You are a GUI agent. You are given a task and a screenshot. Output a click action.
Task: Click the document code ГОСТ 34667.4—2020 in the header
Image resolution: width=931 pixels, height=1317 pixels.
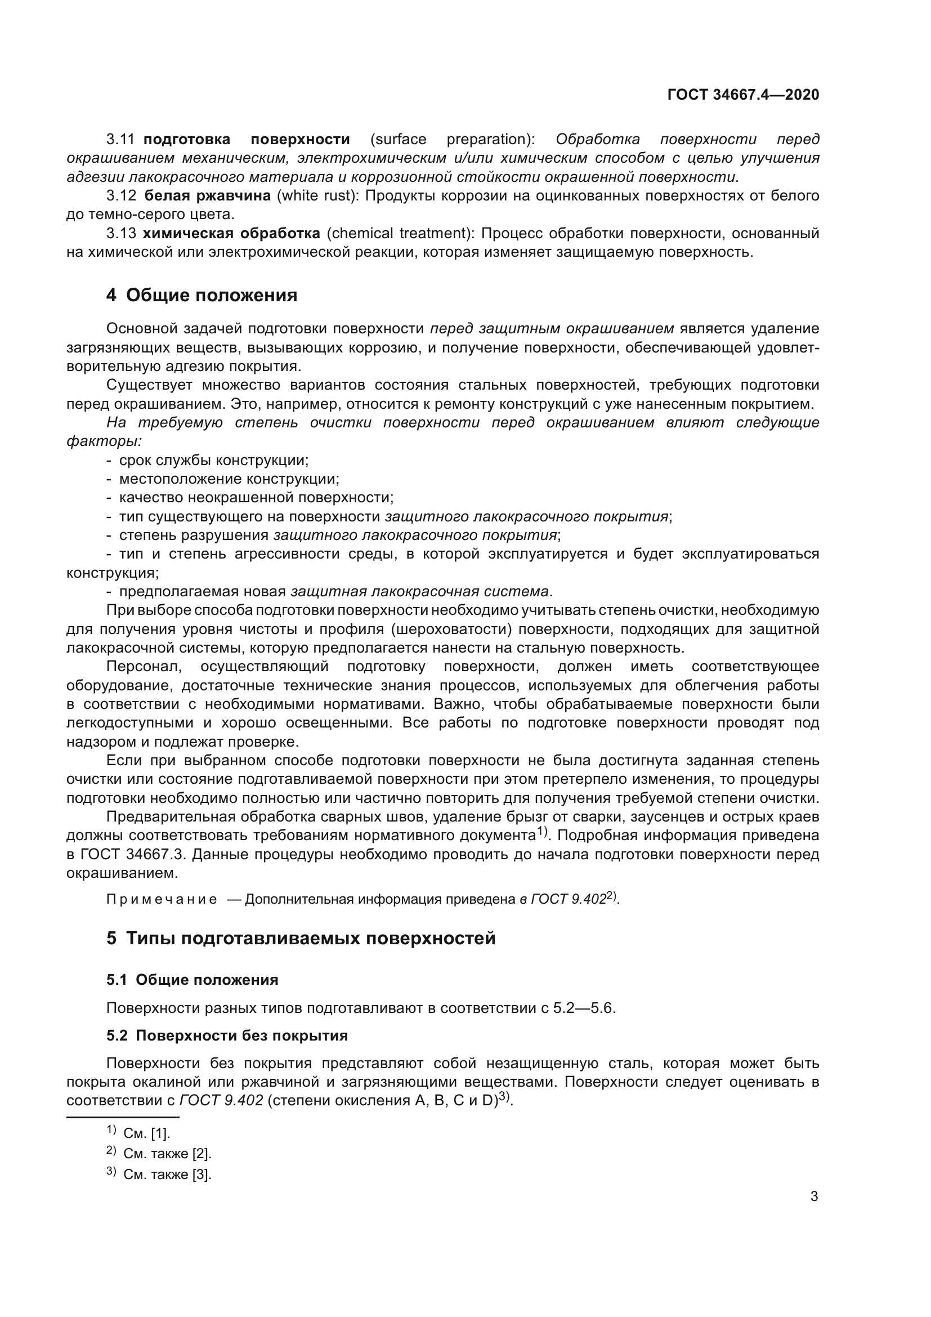coord(743,95)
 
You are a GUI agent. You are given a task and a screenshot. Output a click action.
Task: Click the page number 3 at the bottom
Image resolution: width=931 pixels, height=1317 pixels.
coord(814,1197)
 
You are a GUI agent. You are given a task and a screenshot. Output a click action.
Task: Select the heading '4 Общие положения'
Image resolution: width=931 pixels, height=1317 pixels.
coord(202,296)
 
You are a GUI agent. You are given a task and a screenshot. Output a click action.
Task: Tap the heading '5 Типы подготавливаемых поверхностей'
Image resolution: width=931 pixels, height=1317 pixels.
coord(301,939)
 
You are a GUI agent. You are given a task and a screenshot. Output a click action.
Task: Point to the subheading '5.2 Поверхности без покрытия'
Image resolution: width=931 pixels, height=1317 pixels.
coord(227,1035)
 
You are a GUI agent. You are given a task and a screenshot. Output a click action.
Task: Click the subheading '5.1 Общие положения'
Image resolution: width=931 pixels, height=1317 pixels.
coord(192,980)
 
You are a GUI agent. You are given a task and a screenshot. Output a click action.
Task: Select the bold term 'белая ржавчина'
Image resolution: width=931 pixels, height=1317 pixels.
coord(208,195)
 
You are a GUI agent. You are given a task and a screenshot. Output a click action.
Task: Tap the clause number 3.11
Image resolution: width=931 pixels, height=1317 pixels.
coord(120,140)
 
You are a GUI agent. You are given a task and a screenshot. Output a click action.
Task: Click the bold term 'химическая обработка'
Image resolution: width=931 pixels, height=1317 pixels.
coord(231,234)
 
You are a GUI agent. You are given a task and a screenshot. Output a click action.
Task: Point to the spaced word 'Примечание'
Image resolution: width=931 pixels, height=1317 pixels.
coord(162,899)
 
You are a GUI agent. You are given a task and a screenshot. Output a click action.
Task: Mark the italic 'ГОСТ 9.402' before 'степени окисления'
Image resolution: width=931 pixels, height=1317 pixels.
coord(221,1101)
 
